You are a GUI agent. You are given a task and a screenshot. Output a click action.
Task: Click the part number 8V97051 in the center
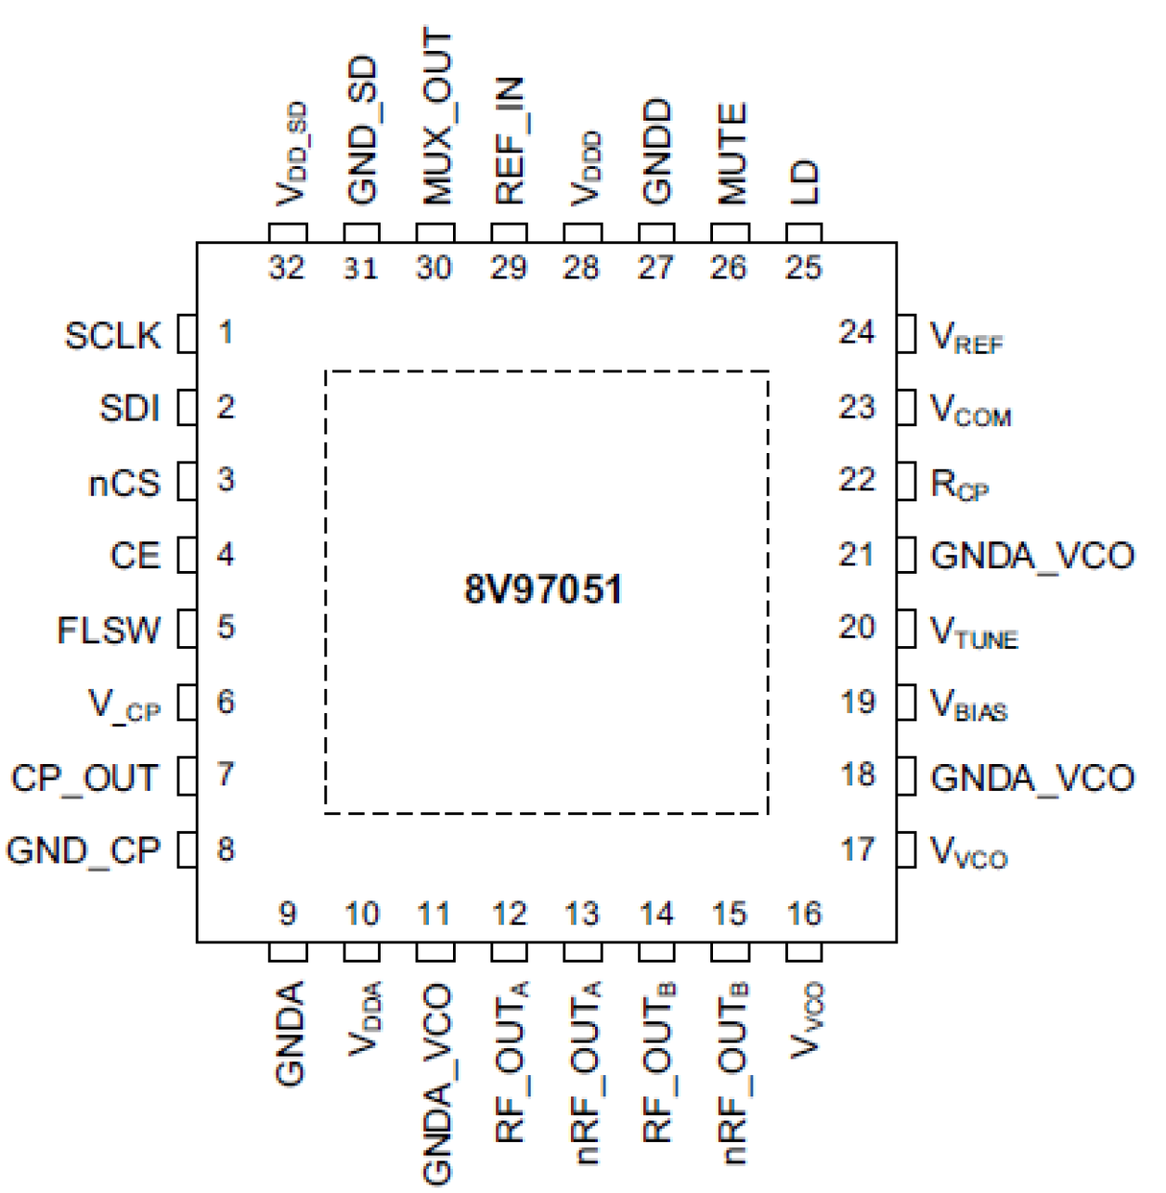pos(543,590)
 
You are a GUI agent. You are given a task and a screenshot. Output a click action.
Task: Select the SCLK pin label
pos(112,335)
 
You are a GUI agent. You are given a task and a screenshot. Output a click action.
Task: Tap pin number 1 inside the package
pos(226,331)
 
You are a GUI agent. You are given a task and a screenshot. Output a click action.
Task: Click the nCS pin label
pos(123,483)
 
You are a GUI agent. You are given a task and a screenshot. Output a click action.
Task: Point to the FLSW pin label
pos(109,630)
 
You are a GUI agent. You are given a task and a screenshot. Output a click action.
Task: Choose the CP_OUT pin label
pos(84,777)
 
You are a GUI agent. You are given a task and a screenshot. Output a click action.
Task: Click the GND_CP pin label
pos(83,850)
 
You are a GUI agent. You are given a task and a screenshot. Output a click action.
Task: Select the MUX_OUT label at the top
pos(435,117)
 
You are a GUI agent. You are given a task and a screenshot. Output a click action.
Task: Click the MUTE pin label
pos(732,154)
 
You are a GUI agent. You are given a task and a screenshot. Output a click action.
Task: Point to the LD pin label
pos(804,182)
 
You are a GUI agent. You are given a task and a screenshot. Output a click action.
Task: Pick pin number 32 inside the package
pos(287,267)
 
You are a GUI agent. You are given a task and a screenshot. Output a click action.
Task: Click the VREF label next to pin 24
pos(966,337)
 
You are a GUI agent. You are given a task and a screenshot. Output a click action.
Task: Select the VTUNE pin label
pos(974,632)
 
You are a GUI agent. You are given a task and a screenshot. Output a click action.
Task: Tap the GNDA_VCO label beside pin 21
pos(1031,556)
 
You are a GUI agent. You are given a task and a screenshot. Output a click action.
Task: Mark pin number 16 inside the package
pos(804,914)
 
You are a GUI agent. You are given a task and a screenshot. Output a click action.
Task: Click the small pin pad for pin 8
pos(187,849)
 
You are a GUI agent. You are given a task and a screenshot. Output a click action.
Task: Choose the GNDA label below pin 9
pos(289,1033)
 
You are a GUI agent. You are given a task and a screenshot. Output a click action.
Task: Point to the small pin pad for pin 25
pos(804,233)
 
